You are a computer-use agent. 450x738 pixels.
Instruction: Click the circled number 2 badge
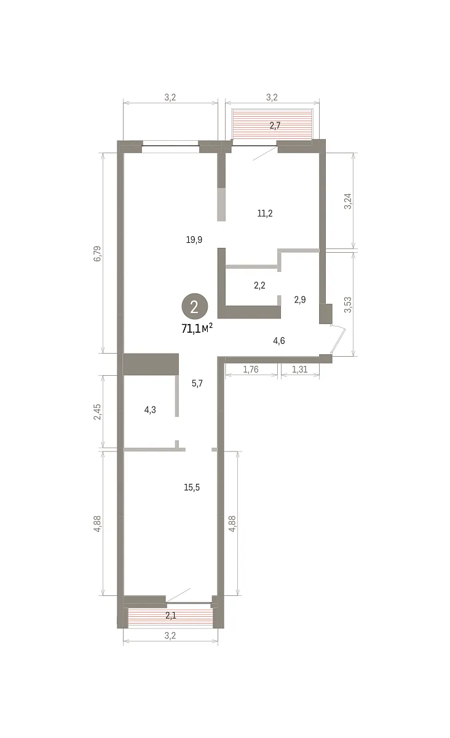(x=194, y=306)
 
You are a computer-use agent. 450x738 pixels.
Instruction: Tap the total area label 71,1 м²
(x=197, y=328)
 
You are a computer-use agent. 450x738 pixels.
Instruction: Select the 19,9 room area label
(x=194, y=240)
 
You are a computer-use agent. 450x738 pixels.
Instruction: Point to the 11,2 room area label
(x=265, y=213)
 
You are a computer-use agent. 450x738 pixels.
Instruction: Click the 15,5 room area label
(x=192, y=487)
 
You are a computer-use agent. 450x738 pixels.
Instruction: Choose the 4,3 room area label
(x=150, y=410)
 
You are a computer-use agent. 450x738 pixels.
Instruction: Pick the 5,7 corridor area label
(x=197, y=384)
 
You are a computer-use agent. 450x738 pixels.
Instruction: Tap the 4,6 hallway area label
(x=279, y=341)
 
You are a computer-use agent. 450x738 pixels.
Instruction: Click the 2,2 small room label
(x=259, y=285)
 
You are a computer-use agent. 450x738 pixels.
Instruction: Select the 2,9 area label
(x=300, y=300)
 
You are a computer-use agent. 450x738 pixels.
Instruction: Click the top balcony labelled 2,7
(x=272, y=124)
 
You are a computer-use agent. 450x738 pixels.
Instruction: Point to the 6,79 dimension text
(x=98, y=253)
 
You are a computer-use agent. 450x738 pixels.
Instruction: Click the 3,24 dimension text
(x=348, y=201)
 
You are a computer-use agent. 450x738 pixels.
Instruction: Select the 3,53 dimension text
(x=348, y=305)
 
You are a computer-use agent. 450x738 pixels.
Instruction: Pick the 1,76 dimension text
(x=251, y=370)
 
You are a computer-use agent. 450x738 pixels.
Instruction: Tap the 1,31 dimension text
(x=300, y=370)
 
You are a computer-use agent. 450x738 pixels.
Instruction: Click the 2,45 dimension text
(x=98, y=412)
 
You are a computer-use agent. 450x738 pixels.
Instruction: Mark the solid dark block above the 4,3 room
(x=151, y=364)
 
